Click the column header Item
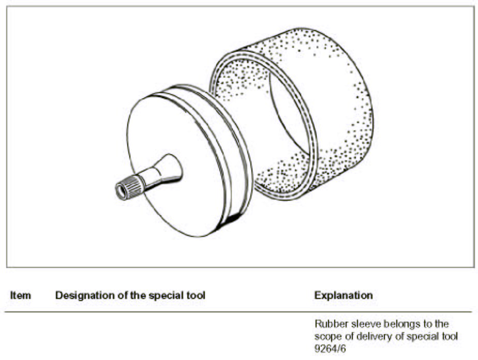click(21, 295)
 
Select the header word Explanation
click(343, 295)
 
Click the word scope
click(327, 336)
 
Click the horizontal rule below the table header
click(238, 312)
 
